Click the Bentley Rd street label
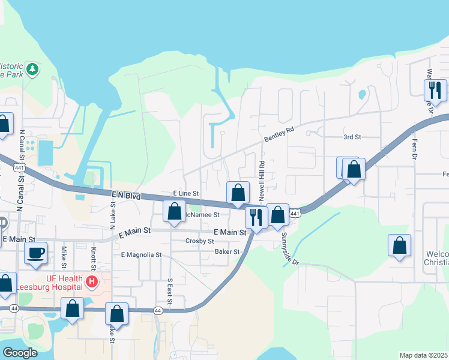click(x=279, y=134)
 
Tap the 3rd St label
click(x=352, y=137)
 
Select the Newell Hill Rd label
click(x=262, y=181)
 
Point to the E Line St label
click(x=185, y=194)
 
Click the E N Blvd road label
click(x=125, y=196)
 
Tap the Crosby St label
click(x=200, y=241)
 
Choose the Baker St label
click(x=227, y=252)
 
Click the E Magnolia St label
click(x=142, y=254)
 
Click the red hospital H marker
click(x=92, y=281)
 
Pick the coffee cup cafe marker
click(x=35, y=253)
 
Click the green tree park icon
click(x=32, y=69)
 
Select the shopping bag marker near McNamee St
click(x=175, y=211)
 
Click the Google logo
click(x=20, y=353)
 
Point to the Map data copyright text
click(x=423, y=355)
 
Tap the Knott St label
click(x=94, y=257)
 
